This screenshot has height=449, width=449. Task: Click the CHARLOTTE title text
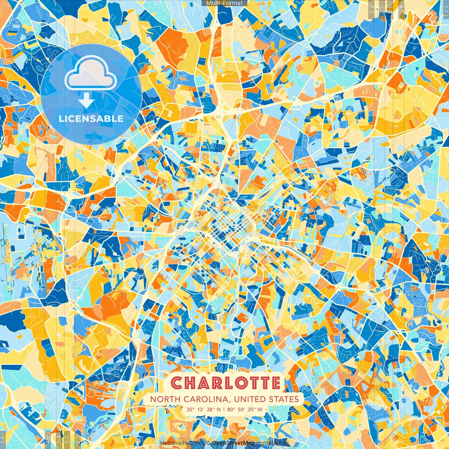227,383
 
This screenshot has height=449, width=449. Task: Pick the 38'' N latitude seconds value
214,409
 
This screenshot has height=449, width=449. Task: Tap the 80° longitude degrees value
231,409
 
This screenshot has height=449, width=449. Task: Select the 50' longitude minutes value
243,409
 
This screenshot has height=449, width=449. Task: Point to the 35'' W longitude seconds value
255,409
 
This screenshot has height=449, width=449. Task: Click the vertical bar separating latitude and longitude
224,409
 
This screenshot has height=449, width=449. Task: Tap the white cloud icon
91,73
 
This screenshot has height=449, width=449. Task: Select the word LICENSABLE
91,119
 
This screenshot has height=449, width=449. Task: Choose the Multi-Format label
224,3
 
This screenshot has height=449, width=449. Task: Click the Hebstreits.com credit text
180,443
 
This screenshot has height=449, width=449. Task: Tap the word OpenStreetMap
233,443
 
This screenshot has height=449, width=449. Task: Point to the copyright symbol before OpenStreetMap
208,443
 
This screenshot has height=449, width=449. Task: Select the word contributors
273,443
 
